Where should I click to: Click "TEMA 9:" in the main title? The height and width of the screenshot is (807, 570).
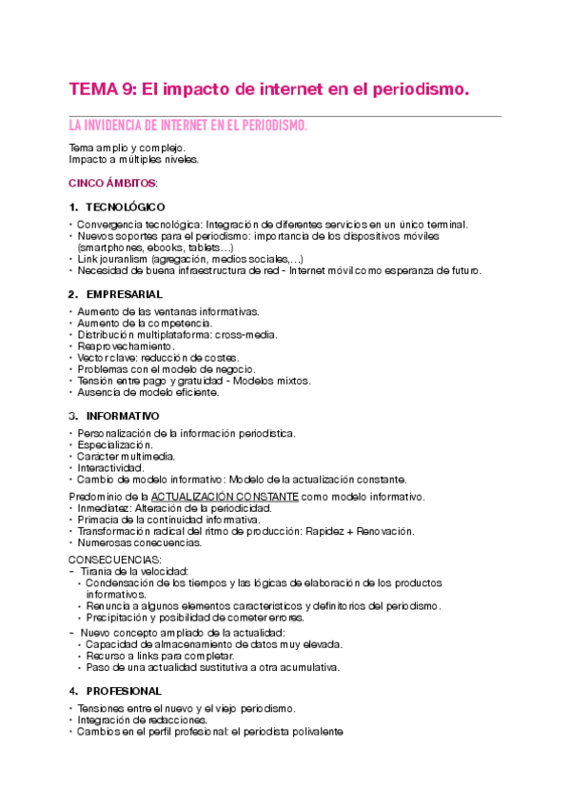coord(102,89)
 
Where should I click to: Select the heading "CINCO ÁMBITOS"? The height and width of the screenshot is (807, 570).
coord(112,182)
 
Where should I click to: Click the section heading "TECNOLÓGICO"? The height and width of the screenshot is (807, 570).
coord(125,207)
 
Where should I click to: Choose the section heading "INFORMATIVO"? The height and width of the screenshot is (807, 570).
coord(123,416)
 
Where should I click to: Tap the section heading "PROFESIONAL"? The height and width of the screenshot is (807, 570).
coord(124,690)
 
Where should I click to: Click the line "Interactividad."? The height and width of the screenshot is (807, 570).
coord(110,467)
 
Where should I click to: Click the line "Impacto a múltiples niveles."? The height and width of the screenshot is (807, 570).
coord(133,160)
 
